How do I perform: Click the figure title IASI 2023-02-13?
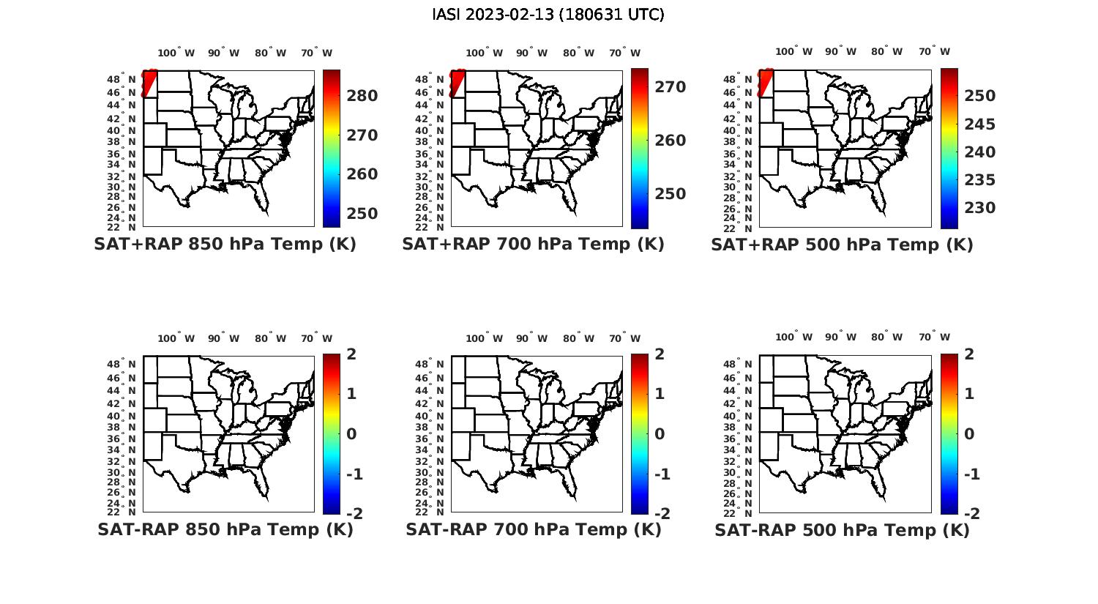pyautogui.click(x=548, y=15)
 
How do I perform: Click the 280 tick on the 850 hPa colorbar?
pyautogui.click(x=362, y=96)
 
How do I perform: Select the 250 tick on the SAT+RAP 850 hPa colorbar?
pyautogui.click(x=362, y=214)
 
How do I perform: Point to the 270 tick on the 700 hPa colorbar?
pyautogui.click(x=670, y=87)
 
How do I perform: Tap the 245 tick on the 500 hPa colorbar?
pyautogui.click(x=979, y=124)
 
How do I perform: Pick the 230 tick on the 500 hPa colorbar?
pyautogui.click(x=979, y=208)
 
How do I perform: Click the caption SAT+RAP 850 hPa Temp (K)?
pyautogui.click(x=225, y=245)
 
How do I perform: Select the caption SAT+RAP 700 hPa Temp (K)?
pyautogui.click(x=533, y=245)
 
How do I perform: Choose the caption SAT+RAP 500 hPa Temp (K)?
pyautogui.click(x=842, y=245)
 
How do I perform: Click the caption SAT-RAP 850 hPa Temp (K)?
pyautogui.click(x=225, y=529)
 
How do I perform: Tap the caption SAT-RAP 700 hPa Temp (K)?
pyautogui.click(x=533, y=529)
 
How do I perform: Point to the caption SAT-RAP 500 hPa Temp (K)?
pyautogui.click(x=842, y=530)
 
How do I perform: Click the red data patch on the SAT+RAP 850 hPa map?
pyautogui.click(x=149, y=82)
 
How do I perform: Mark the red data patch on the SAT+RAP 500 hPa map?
pyautogui.click(x=766, y=82)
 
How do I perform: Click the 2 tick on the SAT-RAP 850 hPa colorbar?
pyautogui.click(x=351, y=354)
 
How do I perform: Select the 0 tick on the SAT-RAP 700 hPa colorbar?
pyautogui.click(x=660, y=434)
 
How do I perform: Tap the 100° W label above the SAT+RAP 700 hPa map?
pyautogui.click(x=484, y=53)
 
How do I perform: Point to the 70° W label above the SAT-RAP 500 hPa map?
pyautogui.click(x=935, y=338)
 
